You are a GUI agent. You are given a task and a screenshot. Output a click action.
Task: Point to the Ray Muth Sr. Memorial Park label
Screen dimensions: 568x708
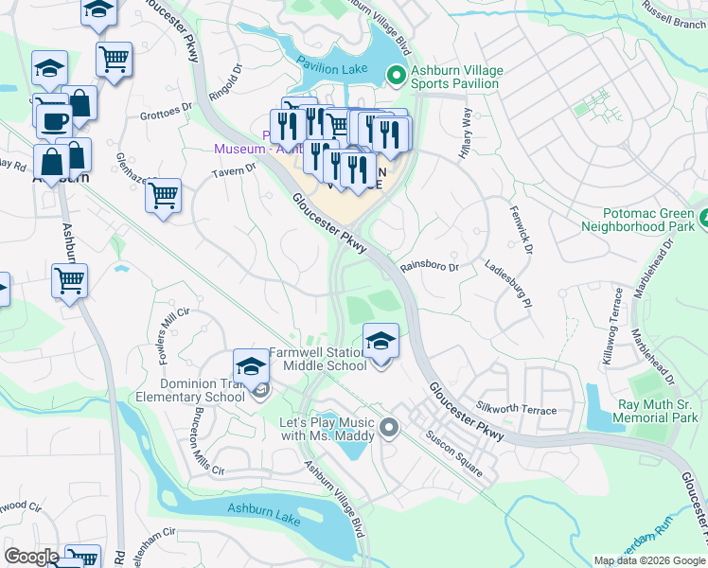657,411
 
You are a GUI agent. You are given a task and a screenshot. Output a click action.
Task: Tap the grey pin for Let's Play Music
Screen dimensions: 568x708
388,430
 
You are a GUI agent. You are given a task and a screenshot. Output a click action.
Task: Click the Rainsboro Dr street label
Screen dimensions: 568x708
429,267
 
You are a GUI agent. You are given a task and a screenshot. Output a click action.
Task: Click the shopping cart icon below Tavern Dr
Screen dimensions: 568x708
163,196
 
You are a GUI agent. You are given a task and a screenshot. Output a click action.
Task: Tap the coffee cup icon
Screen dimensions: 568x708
53,119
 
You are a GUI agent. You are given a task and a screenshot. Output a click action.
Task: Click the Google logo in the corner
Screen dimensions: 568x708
31,557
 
